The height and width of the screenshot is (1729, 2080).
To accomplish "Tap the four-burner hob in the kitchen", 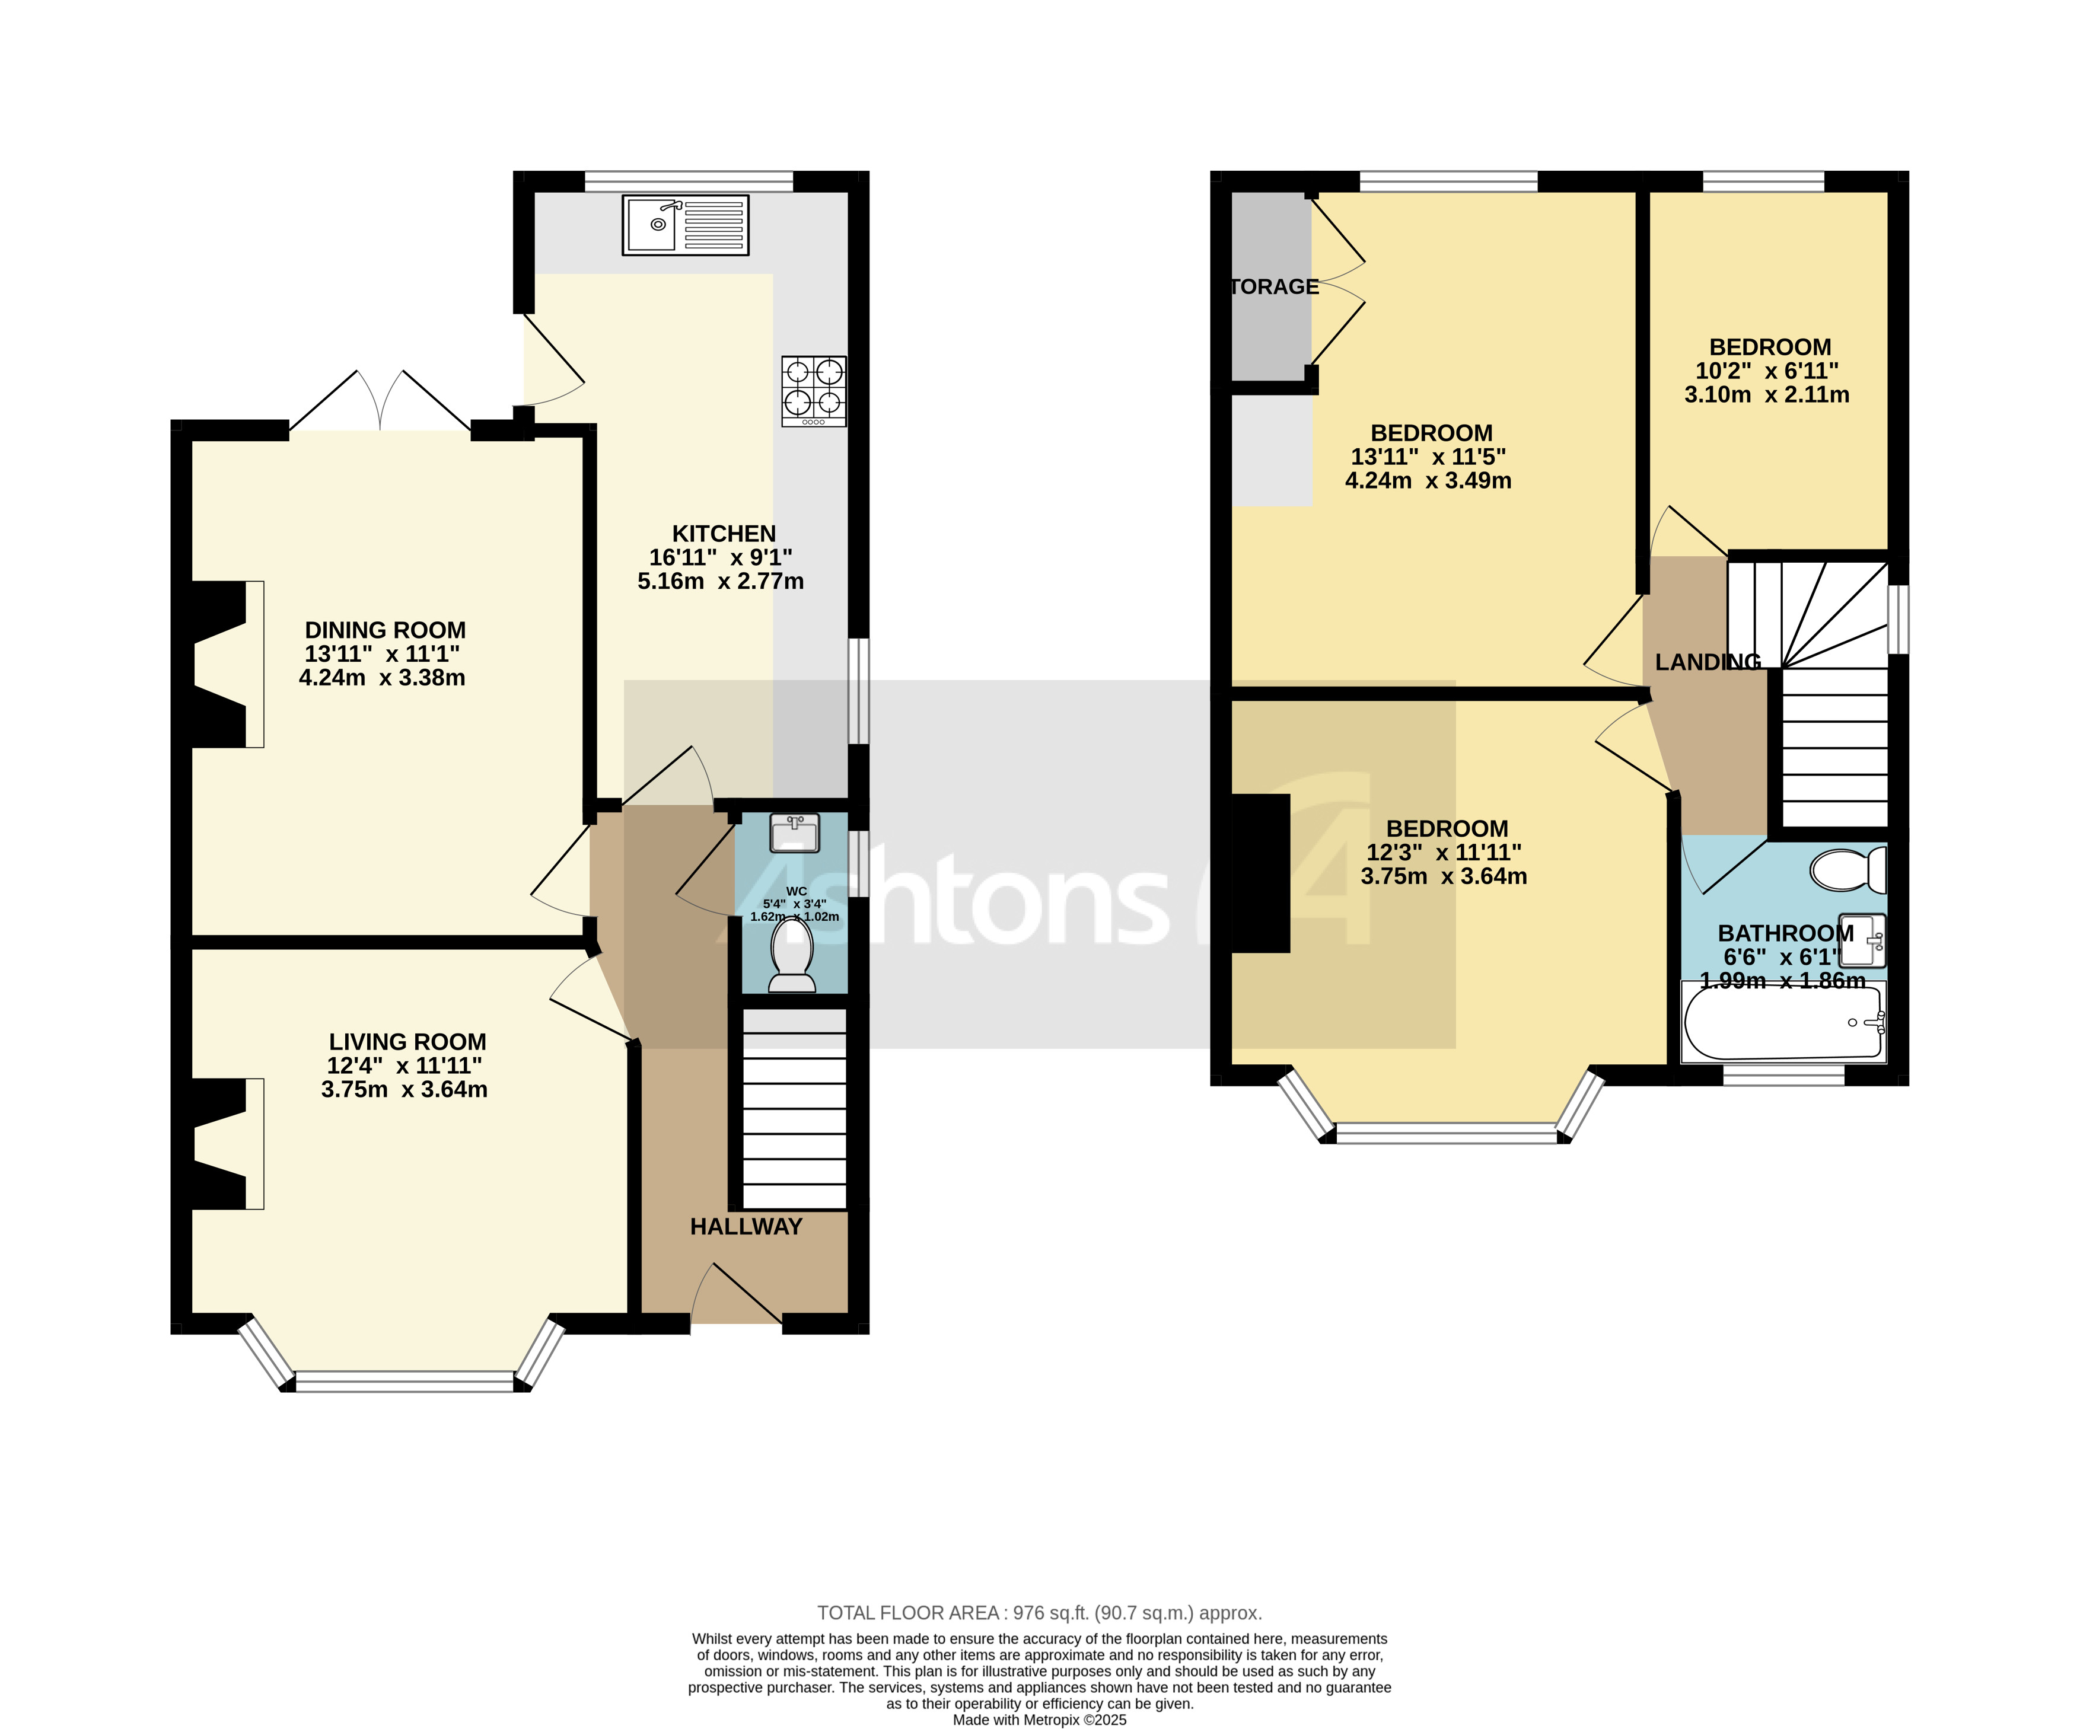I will pyautogui.click(x=813, y=390).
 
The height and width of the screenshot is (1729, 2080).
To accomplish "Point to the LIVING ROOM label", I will pyautogui.click(x=407, y=1042).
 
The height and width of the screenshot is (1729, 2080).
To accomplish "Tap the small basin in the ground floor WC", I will pyautogui.click(x=794, y=834).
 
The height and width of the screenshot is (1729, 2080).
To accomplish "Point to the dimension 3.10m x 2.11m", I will pyautogui.click(x=1766, y=395).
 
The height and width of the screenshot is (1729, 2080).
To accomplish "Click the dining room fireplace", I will pyautogui.click(x=223, y=663).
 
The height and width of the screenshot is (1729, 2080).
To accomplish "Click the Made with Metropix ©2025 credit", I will pyautogui.click(x=1039, y=1720).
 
